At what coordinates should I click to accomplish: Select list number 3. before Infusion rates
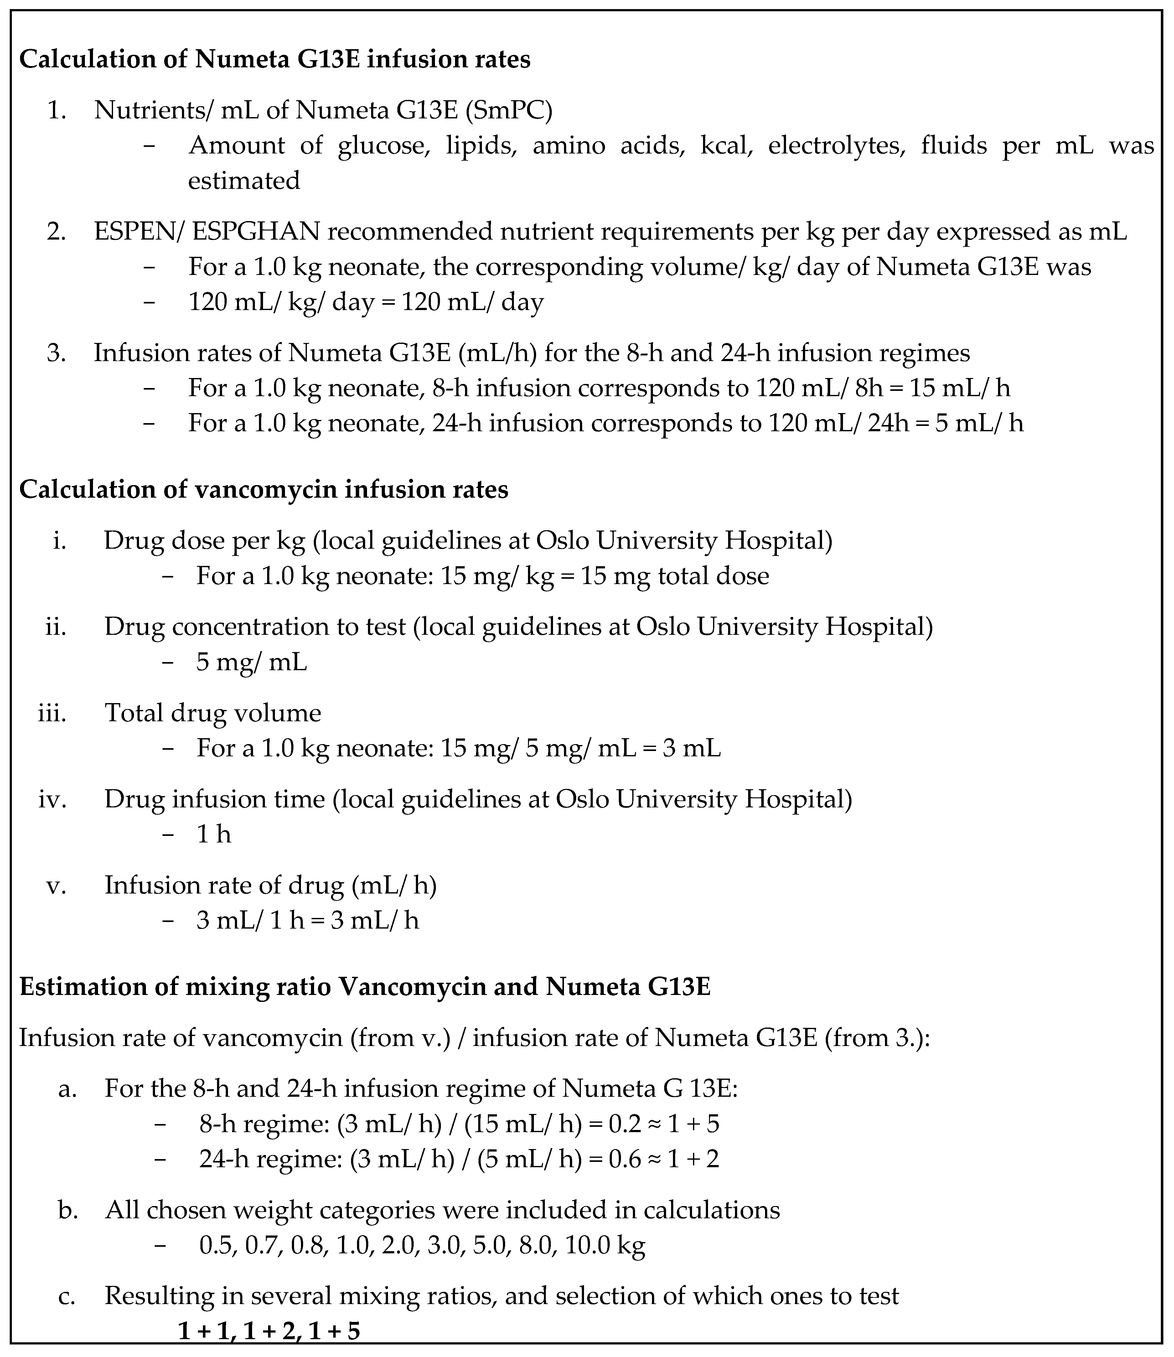[x=56, y=353]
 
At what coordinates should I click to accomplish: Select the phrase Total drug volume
[x=213, y=713]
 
